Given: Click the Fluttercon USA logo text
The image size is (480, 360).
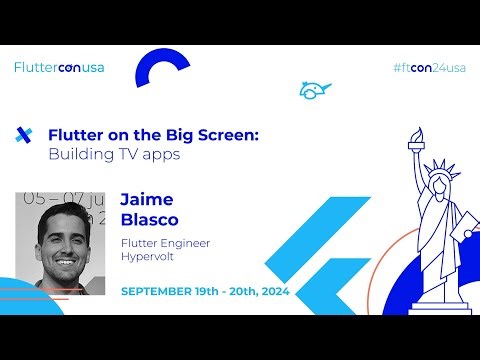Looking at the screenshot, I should pos(59,68).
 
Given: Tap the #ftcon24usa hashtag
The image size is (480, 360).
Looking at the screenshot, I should pos(430,68).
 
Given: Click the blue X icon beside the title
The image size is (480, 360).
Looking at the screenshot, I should pos(25,135).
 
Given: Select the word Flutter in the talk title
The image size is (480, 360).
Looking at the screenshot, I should pos(77,136).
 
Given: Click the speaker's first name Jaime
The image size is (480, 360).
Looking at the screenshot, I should pos(147,199).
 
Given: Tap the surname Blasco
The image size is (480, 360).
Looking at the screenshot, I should pos(149,219).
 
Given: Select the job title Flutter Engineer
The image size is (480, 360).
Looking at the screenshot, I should pos(165,243).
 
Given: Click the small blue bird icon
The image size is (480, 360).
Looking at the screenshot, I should pos(314,90).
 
